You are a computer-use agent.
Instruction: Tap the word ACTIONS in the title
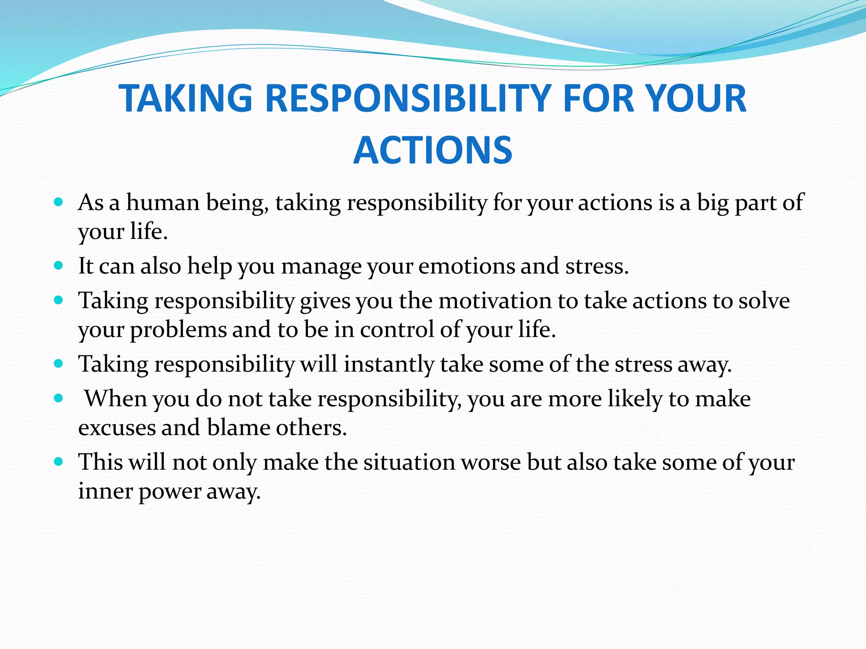[433, 150]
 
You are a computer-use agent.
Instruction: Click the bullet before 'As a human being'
[59, 202]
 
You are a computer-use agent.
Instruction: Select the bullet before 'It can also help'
[59, 266]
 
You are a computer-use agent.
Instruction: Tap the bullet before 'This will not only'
[59, 461]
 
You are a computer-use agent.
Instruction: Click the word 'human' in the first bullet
[163, 202]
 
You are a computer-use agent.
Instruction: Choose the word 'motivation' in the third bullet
[495, 301]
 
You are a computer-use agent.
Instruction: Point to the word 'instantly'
[389, 364]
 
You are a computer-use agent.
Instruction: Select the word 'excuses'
[117, 428]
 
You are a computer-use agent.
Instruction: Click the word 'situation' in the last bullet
[409, 462]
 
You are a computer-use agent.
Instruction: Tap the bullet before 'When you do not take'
[59, 398]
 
